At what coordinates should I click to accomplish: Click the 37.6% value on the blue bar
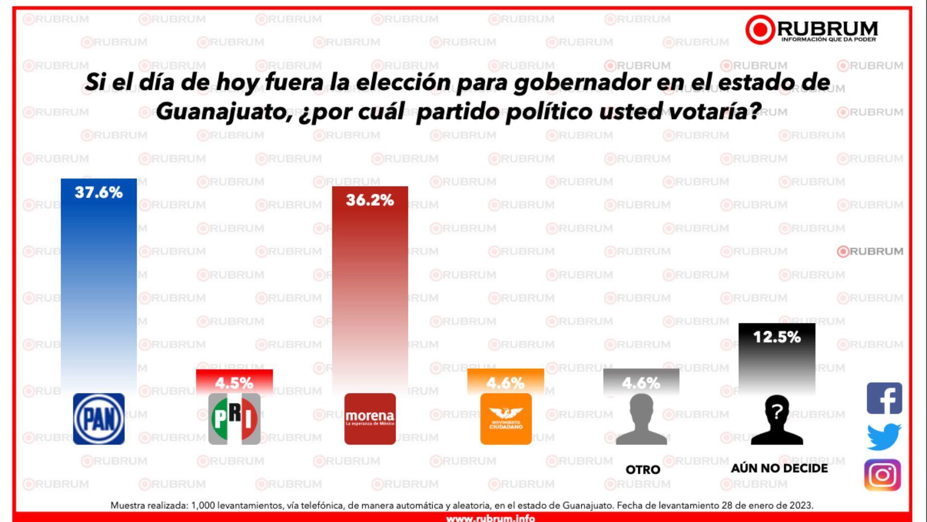pos(98,192)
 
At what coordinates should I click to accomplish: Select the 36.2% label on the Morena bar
pos(370,200)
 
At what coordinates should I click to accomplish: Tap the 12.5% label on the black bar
pos(777,337)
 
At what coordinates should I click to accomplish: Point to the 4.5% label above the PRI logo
pos(234,383)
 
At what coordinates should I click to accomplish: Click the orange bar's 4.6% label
pos(506,383)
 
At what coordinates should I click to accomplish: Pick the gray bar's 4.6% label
pos(641,383)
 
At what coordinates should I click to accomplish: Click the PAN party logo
pos(98,419)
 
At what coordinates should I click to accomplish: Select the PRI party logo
pos(234,419)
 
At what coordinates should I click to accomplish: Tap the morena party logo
pos(370,419)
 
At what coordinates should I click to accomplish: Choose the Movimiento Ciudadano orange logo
pos(506,419)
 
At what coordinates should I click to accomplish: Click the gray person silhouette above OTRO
pos(641,419)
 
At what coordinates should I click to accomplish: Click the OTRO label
pos(643,470)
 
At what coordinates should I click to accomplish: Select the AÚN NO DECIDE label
pos(779,468)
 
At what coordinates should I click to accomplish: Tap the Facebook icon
pos(884,398)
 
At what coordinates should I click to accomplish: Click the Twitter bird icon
pos(884,436)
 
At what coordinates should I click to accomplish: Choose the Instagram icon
pos(883,475)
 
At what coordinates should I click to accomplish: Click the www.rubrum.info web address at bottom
pos(490,518)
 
